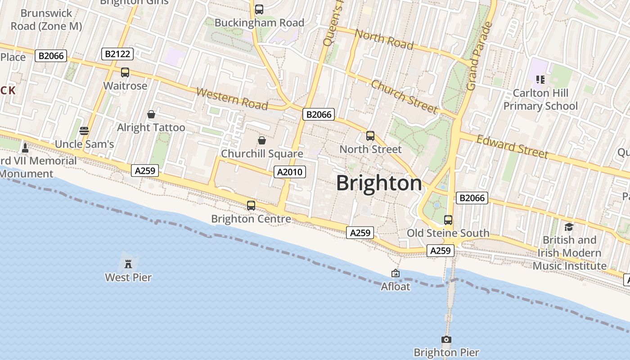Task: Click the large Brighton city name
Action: pyautogui.click(x=379, y=183)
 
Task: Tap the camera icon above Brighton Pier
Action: pyautogui.click(x=446, y=340)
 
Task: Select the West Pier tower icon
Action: pyautogui.click(x=128, y=263)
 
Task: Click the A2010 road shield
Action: pyautogui.click(x=290, y=172)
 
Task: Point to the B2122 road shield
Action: pyautogui.click(x=117, y=54)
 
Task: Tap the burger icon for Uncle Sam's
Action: pyautogui.click(x=84, y=131)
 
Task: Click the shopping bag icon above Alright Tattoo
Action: pyautogui.click(x=151, y=114)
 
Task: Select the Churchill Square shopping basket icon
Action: pyautogui.click(x=262, y=140)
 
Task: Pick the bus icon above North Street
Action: pyautogui.click(x=370, y=135)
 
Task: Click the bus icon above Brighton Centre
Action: pyautogui.click(x=251, y=206)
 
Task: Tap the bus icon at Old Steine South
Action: pyautogui.click(x=448, y=220)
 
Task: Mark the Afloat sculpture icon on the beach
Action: pyautogui.click(x=396, y=273)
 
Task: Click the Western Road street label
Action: pyautogui.click(x=232, y=99)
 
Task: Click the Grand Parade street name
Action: pyautogui.click(x=477, y=56)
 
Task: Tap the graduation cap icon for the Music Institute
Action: pyautogui.click(x=569, y=227)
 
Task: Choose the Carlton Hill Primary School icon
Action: pyautogui.click(x=540, y=80)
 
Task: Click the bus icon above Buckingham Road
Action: pyautogui.click(x=259, y=9)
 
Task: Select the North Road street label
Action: pyautogui.click(x=384, y=39)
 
